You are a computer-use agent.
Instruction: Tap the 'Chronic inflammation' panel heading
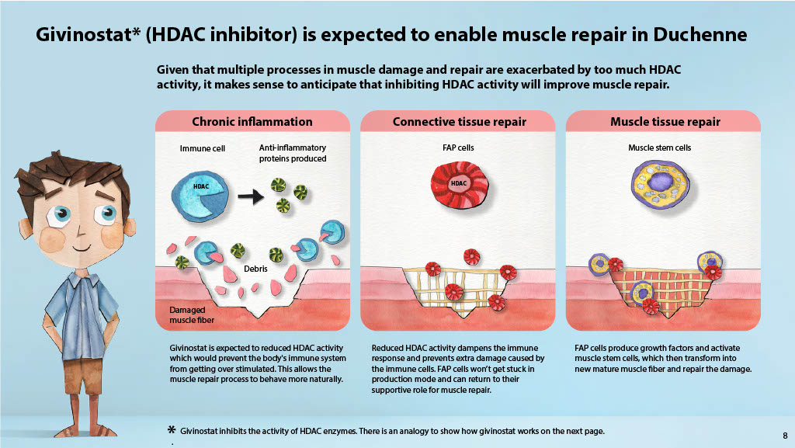tap(252, 122)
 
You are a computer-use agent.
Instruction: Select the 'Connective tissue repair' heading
tap(460, 122)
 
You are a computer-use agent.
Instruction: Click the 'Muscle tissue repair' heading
tap(665, 122)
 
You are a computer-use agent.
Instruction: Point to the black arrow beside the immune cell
tap(251, 196)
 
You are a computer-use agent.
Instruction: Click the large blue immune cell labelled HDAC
tap(200, 196)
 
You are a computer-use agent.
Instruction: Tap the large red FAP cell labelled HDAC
tap(460, 184)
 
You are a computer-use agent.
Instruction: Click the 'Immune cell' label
tap(203, 148)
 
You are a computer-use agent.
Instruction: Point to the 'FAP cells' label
tap(458, 148)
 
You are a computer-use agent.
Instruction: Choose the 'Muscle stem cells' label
tap(660, 148)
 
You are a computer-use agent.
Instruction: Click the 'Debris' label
tap(255, 269)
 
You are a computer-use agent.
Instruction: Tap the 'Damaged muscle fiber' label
tap(192, 314)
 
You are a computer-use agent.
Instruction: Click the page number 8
tap(785, 436)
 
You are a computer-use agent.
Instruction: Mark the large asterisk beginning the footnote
tap(172, 430)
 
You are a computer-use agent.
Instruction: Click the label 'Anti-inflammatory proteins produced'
tap(293, 153)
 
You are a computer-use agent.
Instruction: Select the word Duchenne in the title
tap(700, 34)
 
